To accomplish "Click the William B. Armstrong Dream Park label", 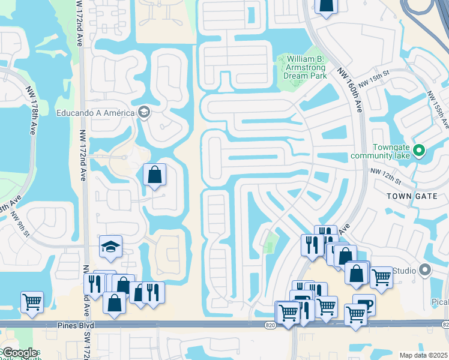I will (306, 68).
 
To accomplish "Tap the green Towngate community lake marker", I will (420, 150).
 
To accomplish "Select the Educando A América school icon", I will (143, 112).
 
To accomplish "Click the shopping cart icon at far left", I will (31, 302).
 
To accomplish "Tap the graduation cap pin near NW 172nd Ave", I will (110, 246).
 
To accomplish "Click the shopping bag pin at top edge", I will (325, 5).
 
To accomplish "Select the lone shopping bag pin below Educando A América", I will (154, 175).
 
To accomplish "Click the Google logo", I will (20, 353).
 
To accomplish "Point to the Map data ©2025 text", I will (423, 355).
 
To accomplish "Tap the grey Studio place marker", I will (425, 270).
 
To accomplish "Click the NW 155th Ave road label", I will (437, 110).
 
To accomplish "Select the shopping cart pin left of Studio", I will (381, 277).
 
